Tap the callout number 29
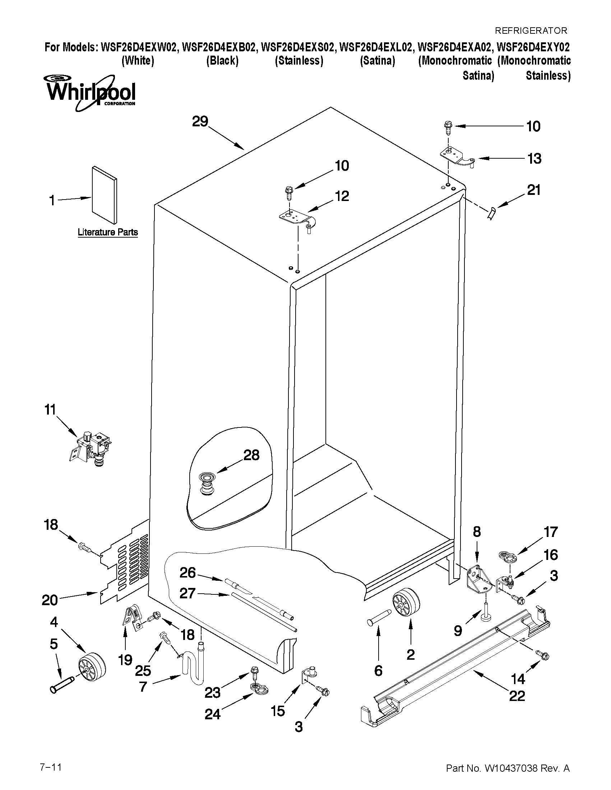point(200,122)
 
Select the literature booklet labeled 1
point(104,195)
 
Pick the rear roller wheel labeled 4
point(92,667)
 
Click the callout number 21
point(533,190)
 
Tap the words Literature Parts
point(107,232)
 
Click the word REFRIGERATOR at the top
point(531,31)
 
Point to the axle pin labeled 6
point(378,615)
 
